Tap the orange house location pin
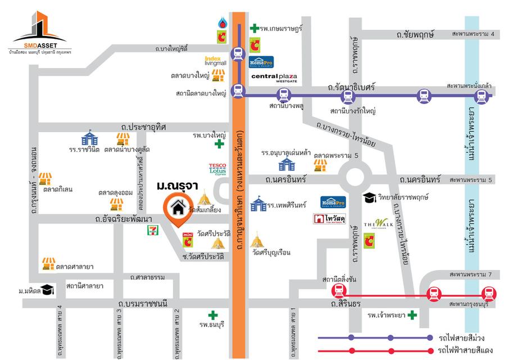click(178, 209)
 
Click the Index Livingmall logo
click(215, 61)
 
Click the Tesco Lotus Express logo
click(217, 168)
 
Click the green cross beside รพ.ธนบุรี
click(212, 316)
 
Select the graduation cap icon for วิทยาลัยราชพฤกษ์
click(369, 197)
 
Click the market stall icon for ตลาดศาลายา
click(49, 263)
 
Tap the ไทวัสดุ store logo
click(329, 219)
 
